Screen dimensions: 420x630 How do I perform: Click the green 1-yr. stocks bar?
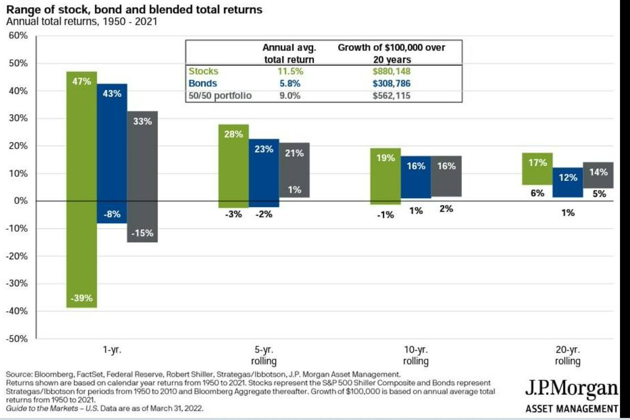pos(81,189)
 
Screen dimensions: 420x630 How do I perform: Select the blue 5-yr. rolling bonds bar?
pos(264,173)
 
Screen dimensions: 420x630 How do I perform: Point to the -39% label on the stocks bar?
pos(81,298)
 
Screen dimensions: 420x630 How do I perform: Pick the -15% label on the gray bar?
pos(142,233)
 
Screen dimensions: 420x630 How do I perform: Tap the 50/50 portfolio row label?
pos(220,96)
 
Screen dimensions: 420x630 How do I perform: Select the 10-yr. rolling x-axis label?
pos(416,356)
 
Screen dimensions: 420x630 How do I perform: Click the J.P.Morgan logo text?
pos(572,390)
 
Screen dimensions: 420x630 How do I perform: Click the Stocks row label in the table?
pos(204,71)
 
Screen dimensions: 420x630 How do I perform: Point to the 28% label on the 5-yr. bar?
pos(233,134)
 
